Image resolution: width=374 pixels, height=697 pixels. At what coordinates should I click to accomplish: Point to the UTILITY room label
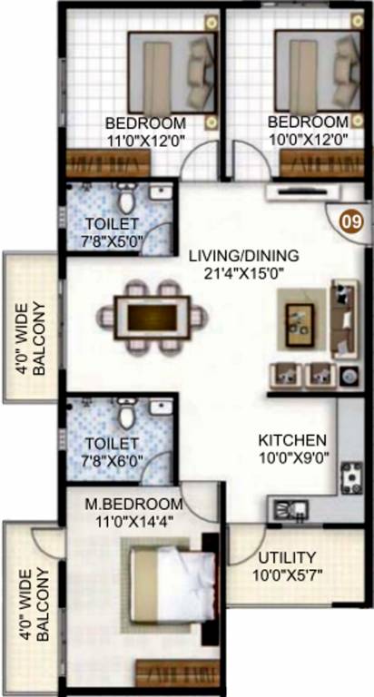[287, 556]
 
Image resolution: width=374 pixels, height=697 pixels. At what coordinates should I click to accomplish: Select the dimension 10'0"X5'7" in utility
[286, 573]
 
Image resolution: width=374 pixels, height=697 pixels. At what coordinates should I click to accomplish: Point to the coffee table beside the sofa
[300, 319]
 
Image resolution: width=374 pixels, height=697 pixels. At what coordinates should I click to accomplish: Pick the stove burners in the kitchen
[349, 477]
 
